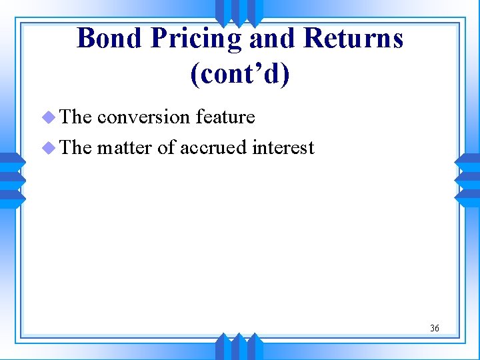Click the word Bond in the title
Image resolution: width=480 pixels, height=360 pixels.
coord(109,39)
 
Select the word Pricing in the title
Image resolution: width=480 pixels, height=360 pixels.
coord(197,39)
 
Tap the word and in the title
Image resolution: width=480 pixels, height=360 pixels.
coord(273,39)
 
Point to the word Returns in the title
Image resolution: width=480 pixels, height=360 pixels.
coord(353,39)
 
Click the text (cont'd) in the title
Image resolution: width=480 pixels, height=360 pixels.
coord(240,75)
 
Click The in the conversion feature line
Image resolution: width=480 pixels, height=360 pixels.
coord(76,117)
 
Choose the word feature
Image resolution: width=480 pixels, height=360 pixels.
coord(225,117)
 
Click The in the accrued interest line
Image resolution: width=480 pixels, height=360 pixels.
coord(76,147)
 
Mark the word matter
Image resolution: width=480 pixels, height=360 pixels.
coord(125,147)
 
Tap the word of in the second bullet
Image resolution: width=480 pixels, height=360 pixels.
coord(166,147)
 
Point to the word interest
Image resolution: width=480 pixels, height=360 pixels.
coord(283,147)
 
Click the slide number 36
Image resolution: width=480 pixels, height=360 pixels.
coord(435,328)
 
